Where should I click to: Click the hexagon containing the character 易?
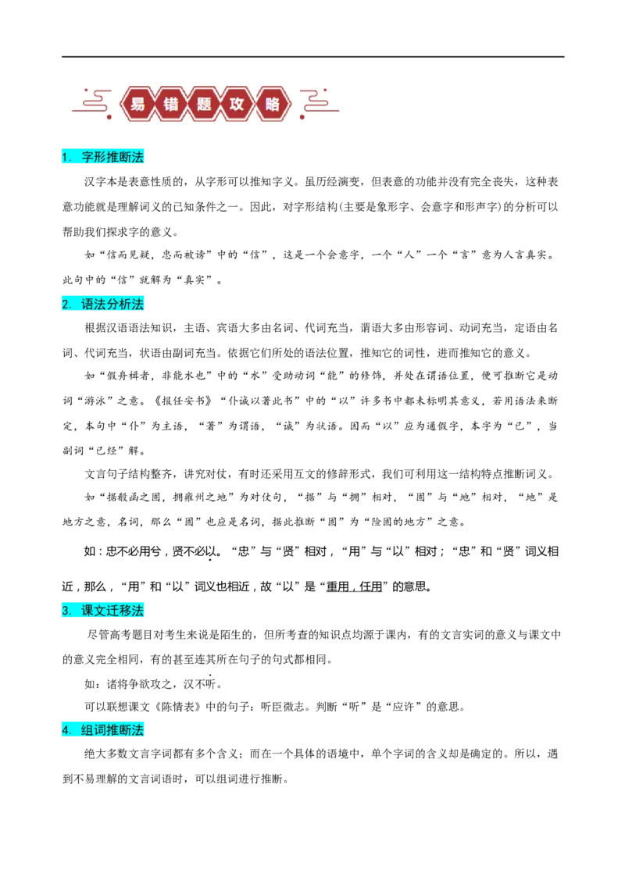pyautogui.click(x=138, y=104)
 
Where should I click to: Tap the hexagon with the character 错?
pyautogui.click(x=171, y=104)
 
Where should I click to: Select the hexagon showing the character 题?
pyautogui.click(x=204, y=104)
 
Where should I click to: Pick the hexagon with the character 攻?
pyautogui.click(x=237, y=104)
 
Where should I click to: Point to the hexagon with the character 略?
pyautogui.click(x=271, y=104)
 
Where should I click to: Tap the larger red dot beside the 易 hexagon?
pyautogui.click(x=109, y=117)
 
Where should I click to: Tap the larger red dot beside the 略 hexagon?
pyautogui.click(x=302, y=117)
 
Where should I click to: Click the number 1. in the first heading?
pyautogui.click(x=66, y=157)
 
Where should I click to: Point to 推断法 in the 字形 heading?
pyautogui.click(x=125, y=157)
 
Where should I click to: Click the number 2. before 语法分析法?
pyautogui.click(x=66, y=304)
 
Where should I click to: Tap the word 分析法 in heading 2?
pyautogui.click(x=125, y=304)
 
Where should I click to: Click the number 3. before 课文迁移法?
pyautogui.click(x=66, y=610)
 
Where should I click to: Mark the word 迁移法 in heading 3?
pyautogui.click(x=125, y=610)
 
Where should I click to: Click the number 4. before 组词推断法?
pyautogui.click(x=66, y=729)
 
